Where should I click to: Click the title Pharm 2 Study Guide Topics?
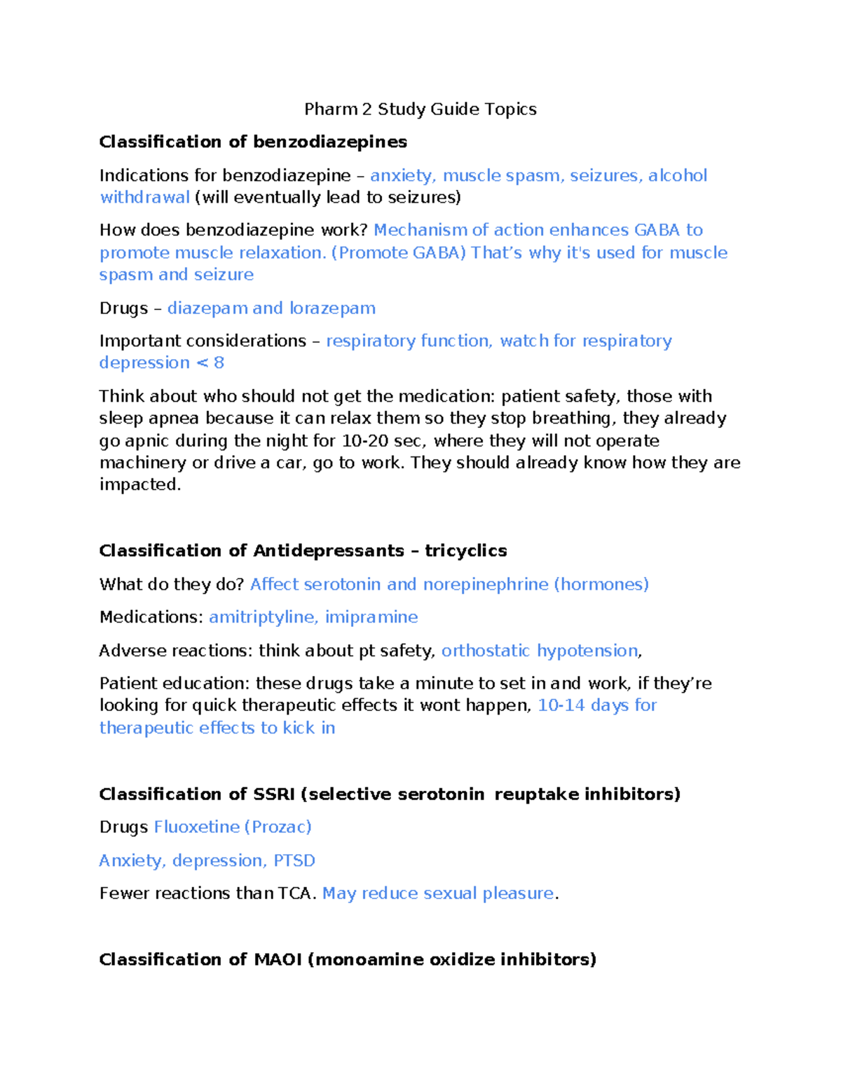(x=420, y=109)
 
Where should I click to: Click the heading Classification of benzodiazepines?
(x=253, y=142)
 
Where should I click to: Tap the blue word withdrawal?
(x=144, y=198)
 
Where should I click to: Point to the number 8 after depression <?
(x=219, y=363)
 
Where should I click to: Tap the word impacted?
(x=139, y=485)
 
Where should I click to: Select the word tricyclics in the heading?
(x=465, y=551)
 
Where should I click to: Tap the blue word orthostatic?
(x=485, y=651)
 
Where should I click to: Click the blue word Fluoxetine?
(x=196, y=827)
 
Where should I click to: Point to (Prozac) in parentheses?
(x=278, y=827)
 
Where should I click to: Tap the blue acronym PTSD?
(x=294, y=861)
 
